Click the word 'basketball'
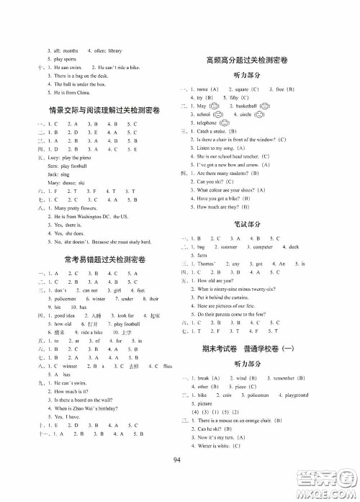[248, 105]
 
